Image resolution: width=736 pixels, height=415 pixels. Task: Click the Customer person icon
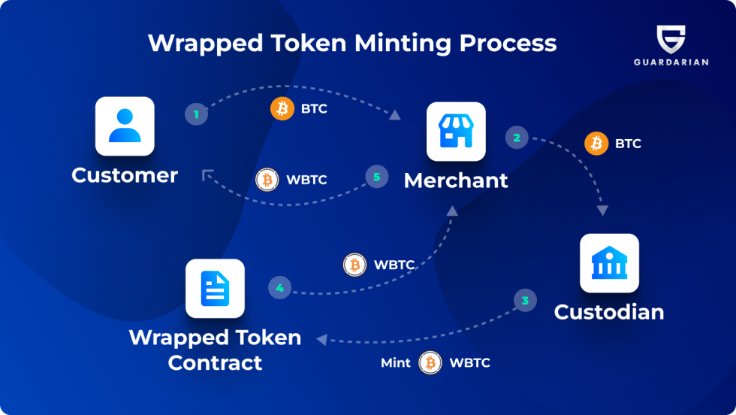pos(125,126)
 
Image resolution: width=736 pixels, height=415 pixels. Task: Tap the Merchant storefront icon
pos(456,132)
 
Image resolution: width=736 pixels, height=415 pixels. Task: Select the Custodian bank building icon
pos(609,263)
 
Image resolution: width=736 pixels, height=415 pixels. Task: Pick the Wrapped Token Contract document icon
pos(215,289)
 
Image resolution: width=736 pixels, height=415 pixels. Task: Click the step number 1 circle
pos(196,114)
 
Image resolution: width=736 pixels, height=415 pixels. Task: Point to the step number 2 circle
pos(517,138)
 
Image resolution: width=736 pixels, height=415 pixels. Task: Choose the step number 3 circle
pos(525,301)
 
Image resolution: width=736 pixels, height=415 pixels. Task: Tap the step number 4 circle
pos(279,287)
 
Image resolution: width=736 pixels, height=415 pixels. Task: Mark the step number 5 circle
pos(377,177)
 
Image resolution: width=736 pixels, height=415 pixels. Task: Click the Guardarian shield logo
pos(671,39)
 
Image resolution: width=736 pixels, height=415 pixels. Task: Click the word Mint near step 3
pos(396,363)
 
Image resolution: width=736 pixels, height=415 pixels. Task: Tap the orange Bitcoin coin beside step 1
pos(282,109)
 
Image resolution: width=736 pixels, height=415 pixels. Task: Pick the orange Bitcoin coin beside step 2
pos(596,144)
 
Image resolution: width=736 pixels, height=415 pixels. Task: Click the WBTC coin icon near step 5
pos(267,180)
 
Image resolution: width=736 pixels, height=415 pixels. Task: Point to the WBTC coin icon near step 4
pos(354,265)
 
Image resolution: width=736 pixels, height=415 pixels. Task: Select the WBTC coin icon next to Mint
pos(430,363)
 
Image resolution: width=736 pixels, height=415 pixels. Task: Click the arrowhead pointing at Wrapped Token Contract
pos(321,340)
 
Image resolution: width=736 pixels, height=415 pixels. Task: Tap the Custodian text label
pos(609,312)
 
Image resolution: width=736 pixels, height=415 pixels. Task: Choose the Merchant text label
pos(456,180)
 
